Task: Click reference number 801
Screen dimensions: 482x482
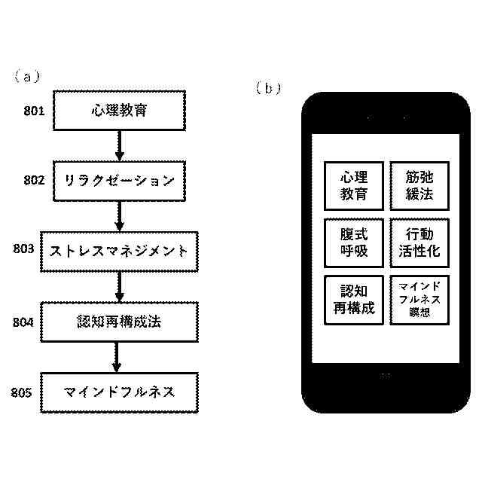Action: [35, 111]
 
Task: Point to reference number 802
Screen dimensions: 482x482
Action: [35, 181]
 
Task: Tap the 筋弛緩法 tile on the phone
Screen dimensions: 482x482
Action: [419, 186]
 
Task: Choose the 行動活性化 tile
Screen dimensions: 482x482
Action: [419, 243]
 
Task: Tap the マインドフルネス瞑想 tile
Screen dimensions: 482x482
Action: [419, 300]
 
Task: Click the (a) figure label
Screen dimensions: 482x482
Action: [26, 76]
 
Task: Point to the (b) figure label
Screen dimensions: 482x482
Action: [268, 88]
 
